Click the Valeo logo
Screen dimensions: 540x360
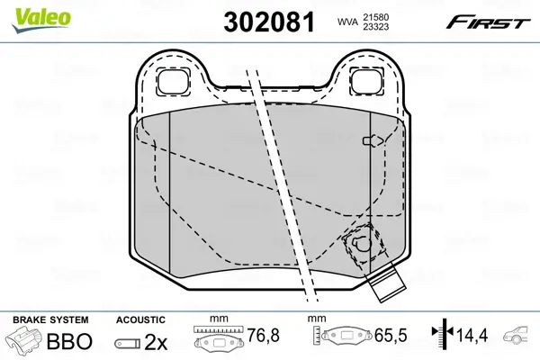[41, 20]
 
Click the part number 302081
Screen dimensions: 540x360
[269, 22]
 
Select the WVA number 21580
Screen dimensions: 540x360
[375, 17]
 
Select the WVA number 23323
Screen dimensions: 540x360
[375, 26]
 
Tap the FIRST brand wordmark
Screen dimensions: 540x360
[488, 22]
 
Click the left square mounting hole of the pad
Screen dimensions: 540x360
[173, 82]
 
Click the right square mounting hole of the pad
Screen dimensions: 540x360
[367, 82]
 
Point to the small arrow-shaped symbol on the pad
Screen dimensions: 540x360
[373, 140]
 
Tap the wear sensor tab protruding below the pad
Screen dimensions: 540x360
[386, 281]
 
